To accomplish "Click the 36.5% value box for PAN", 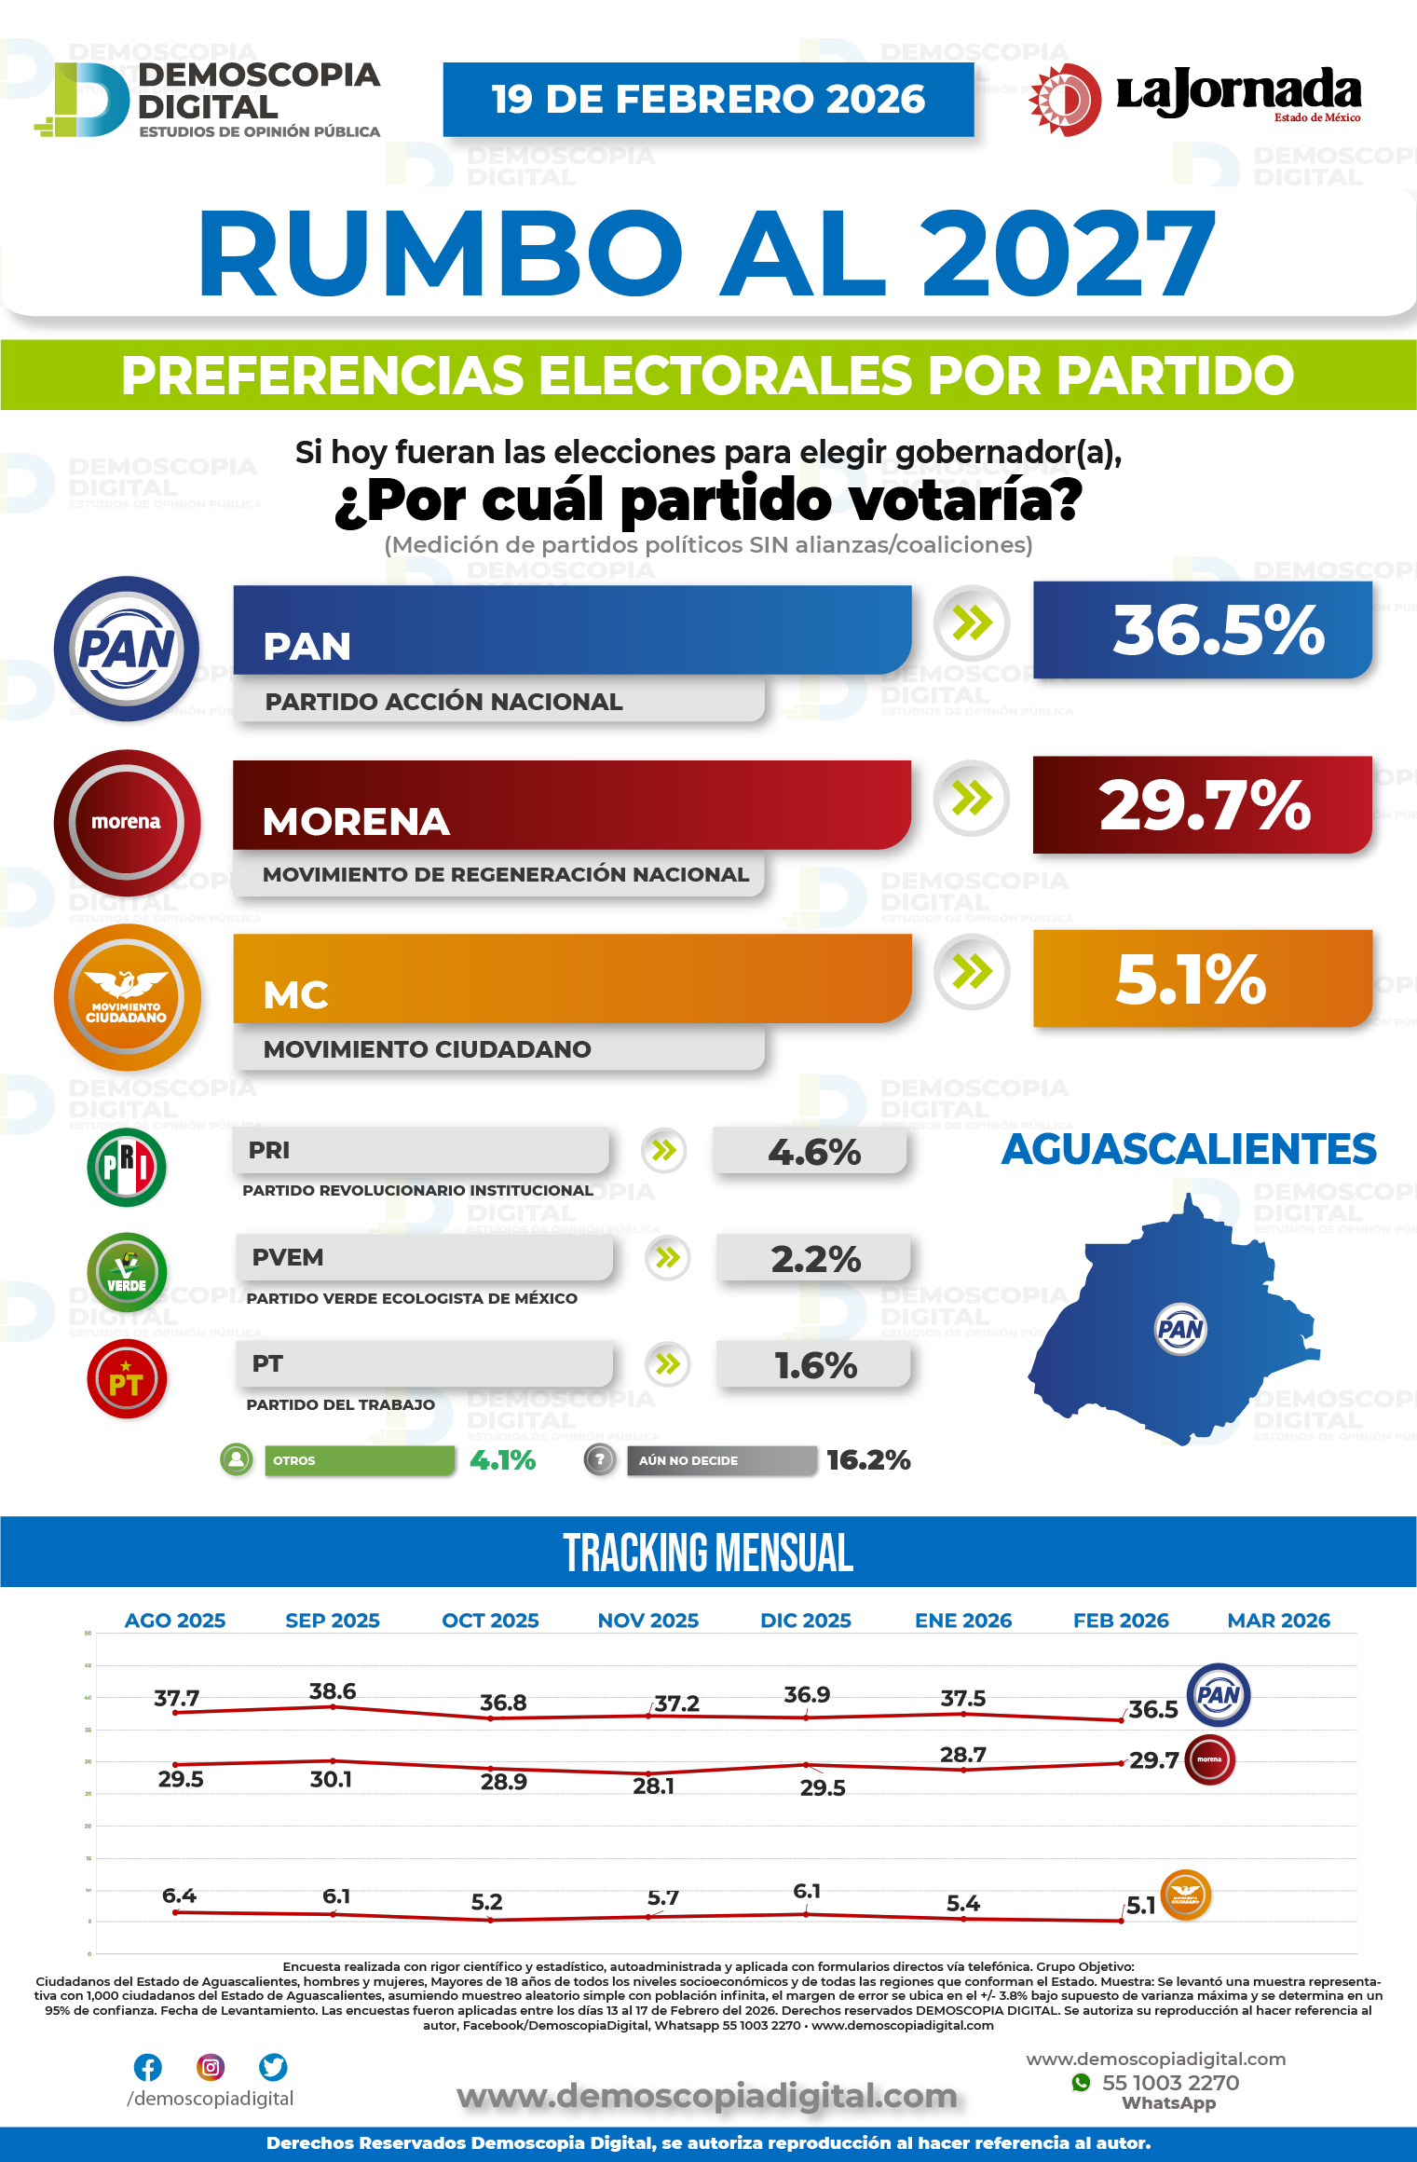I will click(1202, 630).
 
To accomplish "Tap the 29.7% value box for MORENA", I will click(1202, 805).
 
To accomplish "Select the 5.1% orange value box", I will click(1202, 979).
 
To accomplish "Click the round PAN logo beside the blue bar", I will click(127, 649).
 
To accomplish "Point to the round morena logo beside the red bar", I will click(127, 822).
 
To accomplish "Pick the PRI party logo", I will click(127, 1167).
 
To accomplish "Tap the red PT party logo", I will click(127, 1380).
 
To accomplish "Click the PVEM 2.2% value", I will click(814, 1259).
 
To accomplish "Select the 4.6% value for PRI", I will click(812, 1153).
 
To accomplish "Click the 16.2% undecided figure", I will click(868, 1460).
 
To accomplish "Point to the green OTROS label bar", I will click(360, 1460).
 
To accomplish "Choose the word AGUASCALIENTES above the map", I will click(1189, 1149).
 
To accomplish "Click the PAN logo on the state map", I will click(1180, 1329).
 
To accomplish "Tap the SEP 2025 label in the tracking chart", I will click(333, 1621).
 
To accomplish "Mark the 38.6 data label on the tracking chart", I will click(333, 1691).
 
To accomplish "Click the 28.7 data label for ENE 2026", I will click(963, 1755).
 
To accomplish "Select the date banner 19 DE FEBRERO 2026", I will click(708, 100).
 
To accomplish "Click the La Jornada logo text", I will click(1238, 92).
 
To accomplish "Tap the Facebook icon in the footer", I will click(148, 2067).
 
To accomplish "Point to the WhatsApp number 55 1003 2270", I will click(1170, 2083).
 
